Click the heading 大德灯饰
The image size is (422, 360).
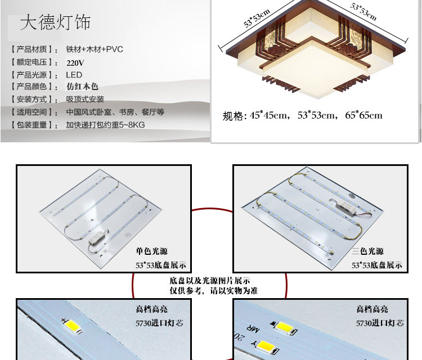(x=55, y=22)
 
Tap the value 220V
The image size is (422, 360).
(x=75, y=62)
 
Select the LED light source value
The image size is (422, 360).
(x=74, y=75)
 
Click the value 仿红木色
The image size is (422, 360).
(x=82, y=87)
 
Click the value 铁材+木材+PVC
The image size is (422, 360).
(x=95, y=49)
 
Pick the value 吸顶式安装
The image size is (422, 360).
(x=85, y=99)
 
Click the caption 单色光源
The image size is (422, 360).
(x=151, y=251)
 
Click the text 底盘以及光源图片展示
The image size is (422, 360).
(x=210, y=281)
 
